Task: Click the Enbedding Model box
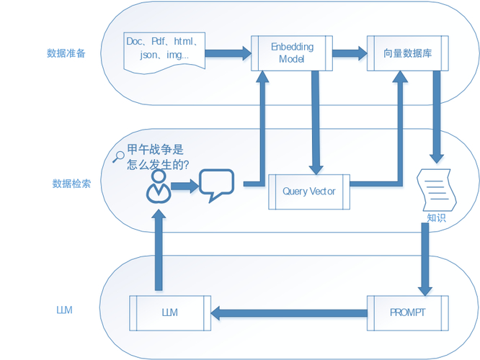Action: [x=292, y=53]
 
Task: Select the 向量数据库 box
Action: [x=404, y=53]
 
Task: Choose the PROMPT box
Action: [x=407, y=312]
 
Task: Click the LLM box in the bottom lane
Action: [x=170, y=312]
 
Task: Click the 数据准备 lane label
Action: [x=66, y=53]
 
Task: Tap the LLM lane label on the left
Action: [x=65, y=311]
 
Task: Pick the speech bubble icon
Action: [x=216, y=185]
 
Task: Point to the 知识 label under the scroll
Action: [x=437, y=217]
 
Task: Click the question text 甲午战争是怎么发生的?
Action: [x=157, y=157]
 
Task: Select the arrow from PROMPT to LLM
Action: [x=288, y=312]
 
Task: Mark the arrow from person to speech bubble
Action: [x=184, y=186]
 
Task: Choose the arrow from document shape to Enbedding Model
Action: [x=228, y=53]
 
